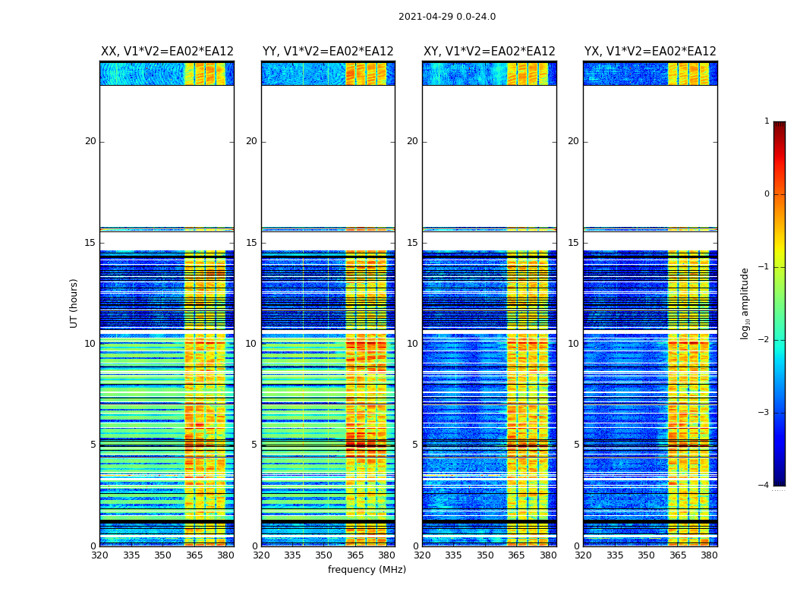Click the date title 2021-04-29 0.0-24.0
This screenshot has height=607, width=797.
[446, 17]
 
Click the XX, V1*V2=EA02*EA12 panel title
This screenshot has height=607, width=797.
[167, 52]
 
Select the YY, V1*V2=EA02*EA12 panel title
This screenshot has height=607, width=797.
[328, 52]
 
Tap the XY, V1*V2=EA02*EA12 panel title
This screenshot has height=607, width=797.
[490, 52]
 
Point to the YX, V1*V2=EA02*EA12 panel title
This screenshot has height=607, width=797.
[651, 52]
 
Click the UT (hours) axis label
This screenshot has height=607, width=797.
[74, 303]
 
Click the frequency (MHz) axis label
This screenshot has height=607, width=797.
[367, 570]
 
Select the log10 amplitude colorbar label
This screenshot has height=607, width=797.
[745, 303]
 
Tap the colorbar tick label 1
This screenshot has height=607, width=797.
[766, 121]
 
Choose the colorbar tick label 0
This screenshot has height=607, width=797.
[766, 194]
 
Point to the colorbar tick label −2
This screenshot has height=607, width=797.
[764, 340]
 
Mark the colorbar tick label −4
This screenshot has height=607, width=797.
[764, 486]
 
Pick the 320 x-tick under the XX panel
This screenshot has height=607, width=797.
[99, 555]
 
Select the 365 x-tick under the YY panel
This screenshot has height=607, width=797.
[355, 555]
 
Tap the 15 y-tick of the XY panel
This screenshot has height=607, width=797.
[412, 243]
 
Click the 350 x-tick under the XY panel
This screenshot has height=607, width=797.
[485, 555]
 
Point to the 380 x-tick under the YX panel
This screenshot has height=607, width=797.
[709, 555]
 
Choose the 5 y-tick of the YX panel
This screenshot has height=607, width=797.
[576, 445]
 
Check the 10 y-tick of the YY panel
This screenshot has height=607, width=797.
[251, 344]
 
